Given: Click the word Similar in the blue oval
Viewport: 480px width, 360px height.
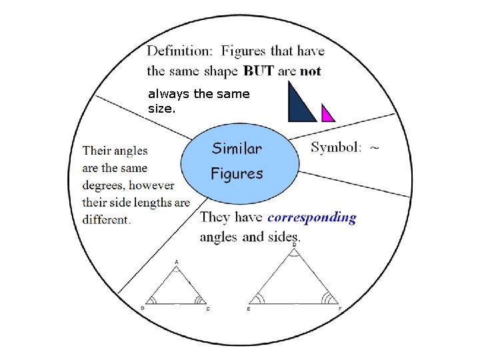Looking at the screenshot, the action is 237,149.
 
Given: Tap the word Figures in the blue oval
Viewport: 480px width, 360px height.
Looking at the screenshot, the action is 237,174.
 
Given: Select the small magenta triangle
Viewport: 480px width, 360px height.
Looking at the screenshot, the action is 327,113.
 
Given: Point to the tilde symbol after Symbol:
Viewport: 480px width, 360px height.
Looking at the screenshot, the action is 375,148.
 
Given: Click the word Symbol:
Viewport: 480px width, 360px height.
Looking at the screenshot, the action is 336,147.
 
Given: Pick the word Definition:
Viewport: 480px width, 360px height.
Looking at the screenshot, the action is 179,51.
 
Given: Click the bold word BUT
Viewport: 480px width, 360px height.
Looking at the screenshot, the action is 259,71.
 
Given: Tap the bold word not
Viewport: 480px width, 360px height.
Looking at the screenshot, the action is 311,71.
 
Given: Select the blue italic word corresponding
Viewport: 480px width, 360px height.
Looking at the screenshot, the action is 312,218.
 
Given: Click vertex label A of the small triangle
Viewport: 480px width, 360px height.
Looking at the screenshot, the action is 176,262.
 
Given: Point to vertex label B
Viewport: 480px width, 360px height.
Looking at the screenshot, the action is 143,308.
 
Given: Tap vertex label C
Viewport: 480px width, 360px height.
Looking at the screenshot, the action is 208,309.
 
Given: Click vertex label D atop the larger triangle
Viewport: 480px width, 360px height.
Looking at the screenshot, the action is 294,245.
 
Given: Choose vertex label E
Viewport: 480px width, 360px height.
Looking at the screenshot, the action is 249,309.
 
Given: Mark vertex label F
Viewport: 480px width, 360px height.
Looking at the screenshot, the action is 340,309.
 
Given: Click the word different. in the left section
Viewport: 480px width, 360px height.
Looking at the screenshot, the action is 107,220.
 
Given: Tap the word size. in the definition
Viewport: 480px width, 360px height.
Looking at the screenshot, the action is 161,109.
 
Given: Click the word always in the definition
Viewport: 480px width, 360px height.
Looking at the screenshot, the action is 169,94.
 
